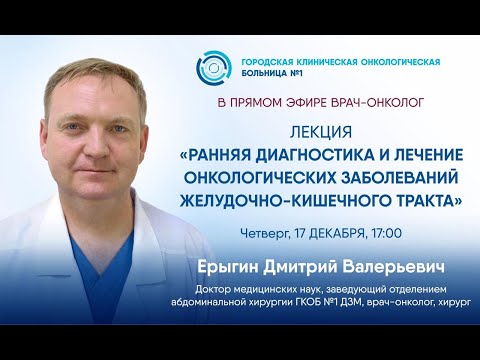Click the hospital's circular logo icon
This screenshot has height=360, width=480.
tap(211, 69)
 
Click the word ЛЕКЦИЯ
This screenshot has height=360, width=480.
tap(321, 130)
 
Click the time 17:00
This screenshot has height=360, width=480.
tap(382, 233)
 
